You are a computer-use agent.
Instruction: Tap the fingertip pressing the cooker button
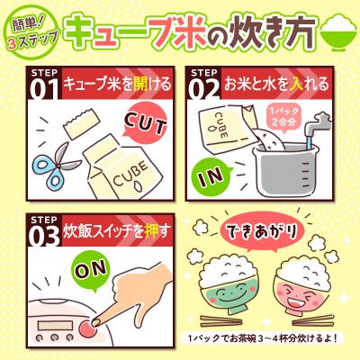point(97,311)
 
